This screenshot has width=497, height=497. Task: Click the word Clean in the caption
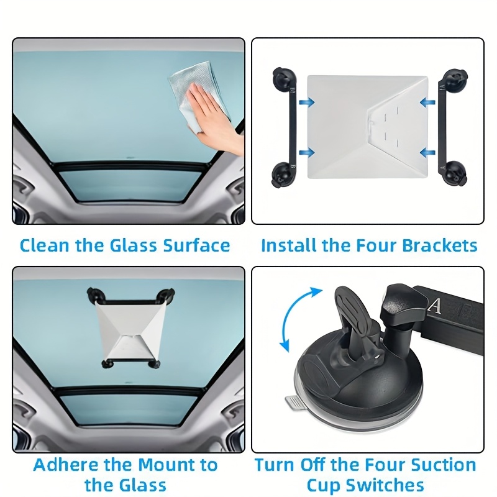(44, 245)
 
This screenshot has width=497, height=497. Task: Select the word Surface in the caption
(196, 245)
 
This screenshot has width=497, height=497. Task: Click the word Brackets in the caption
(440, 245)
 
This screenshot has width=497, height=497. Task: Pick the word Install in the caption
(289, 245)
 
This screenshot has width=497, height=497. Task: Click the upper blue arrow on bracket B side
(306, 102)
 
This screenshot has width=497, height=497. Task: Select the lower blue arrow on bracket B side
(306, 152)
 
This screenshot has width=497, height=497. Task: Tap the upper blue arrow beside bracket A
(427, 102)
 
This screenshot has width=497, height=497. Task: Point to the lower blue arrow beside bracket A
(427, 152)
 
